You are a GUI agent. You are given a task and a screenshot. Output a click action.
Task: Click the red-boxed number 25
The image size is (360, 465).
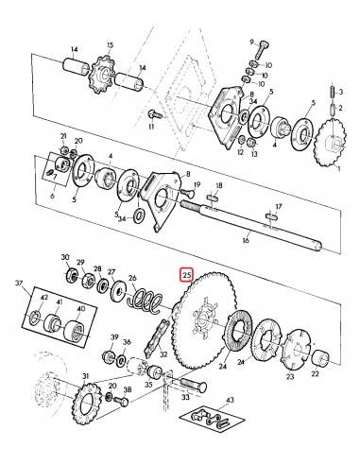click(187, 275)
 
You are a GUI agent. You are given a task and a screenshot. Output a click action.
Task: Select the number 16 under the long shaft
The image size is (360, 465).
click(246, 241)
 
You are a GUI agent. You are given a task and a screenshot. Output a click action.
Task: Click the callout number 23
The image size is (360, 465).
click(289, 375)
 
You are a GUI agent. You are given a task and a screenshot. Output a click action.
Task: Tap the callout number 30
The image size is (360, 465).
click(65, 257)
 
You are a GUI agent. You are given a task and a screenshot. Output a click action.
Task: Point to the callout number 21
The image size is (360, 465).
click(63, 136)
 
